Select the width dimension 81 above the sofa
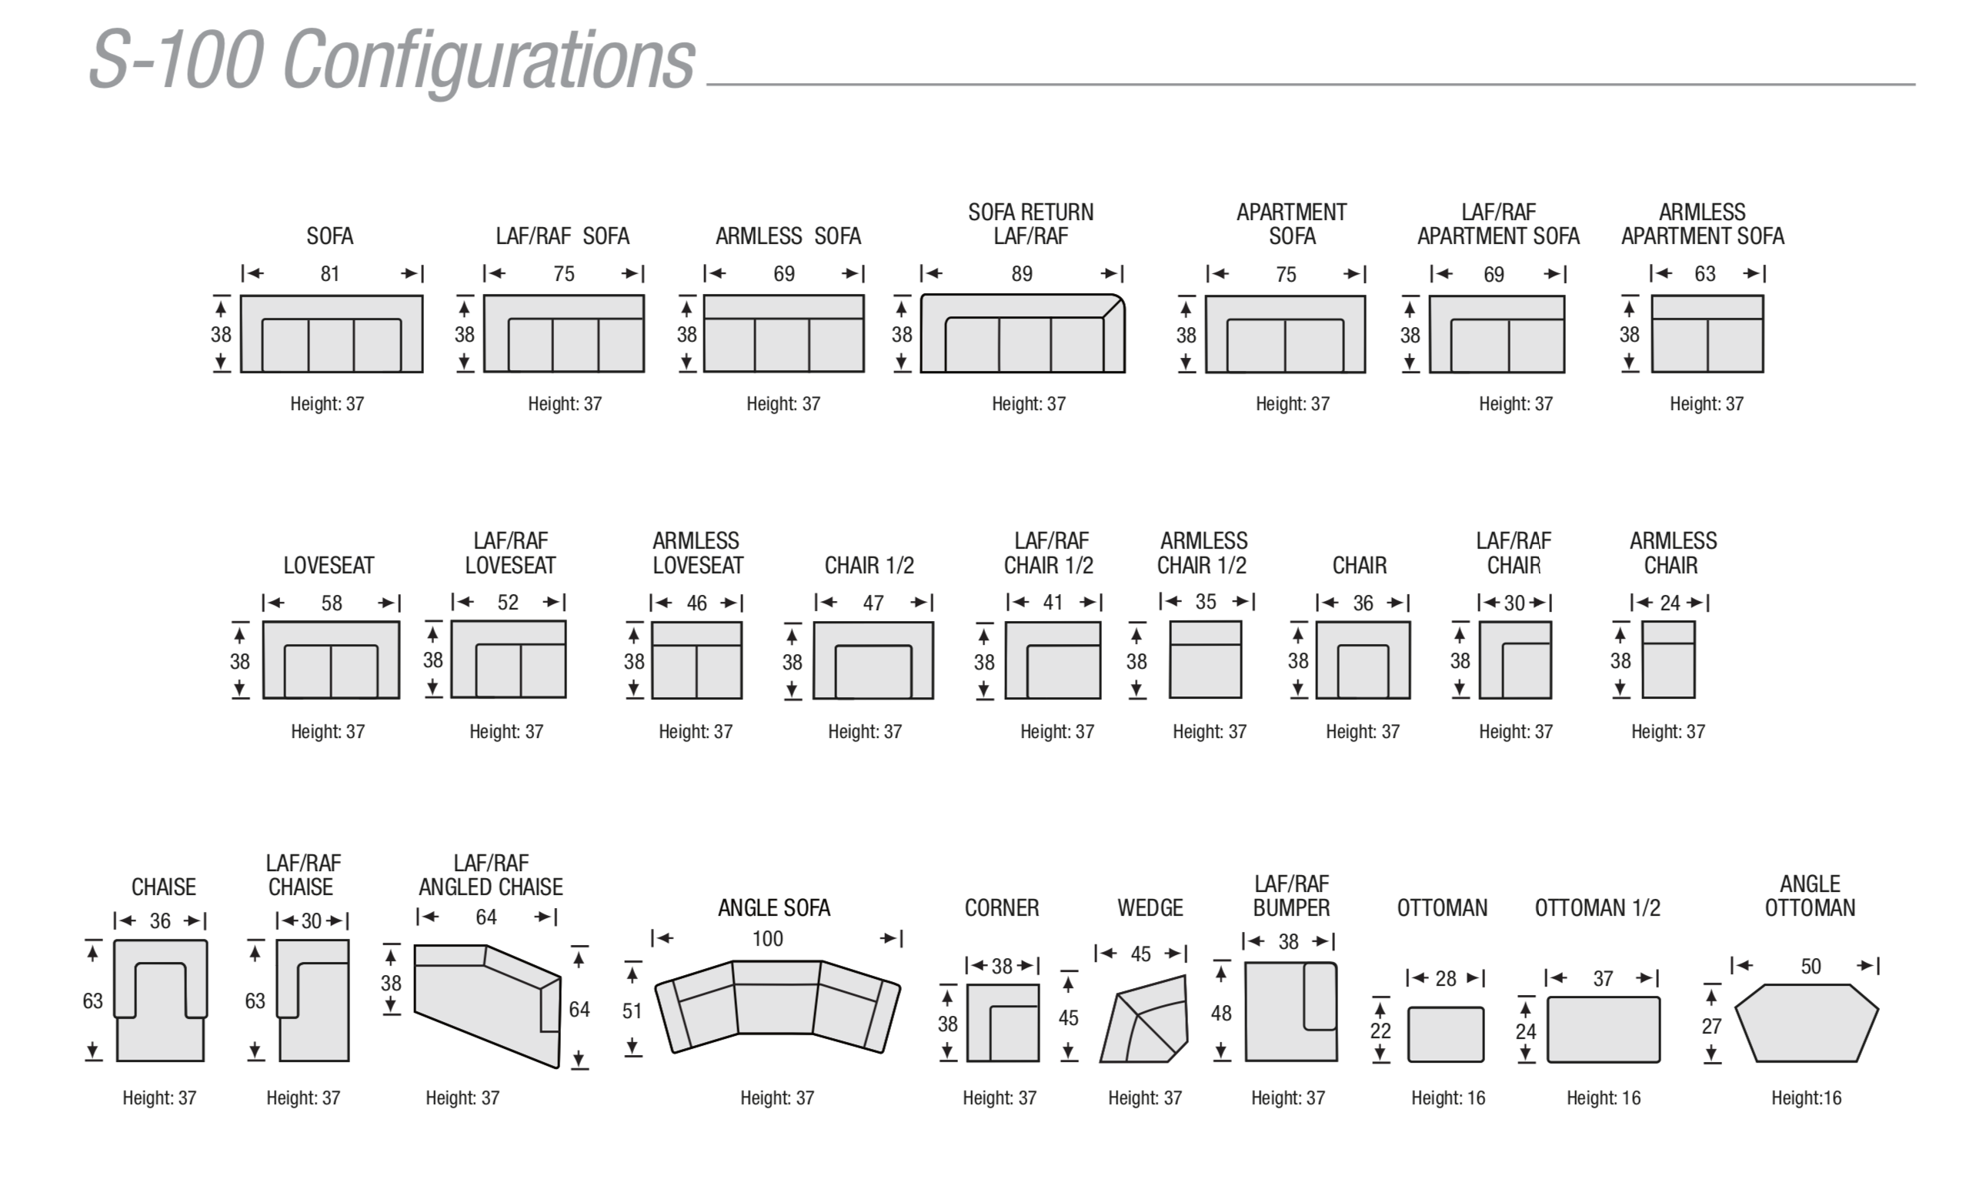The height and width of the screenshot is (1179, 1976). (x=330, y=274)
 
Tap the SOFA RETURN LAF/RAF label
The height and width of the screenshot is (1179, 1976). (x=1031, y=224)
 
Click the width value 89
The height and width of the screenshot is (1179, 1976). (x=1022, y=274)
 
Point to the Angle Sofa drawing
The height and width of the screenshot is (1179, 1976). (x=776, y=1007)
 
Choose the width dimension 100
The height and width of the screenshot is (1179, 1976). (x=768, y=939)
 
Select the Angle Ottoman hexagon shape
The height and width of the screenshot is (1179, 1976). (x=1806, y=1024)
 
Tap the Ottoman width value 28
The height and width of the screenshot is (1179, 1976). (x=1446, y=979)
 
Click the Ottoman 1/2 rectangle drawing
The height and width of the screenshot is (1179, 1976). (x=1603, y=1030)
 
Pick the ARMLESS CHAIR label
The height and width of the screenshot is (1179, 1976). (x=1673, y=553)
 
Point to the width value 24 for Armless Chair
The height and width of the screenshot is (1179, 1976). (x=1671, y=603)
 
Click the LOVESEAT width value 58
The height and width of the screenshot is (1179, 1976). (x=332, y=603)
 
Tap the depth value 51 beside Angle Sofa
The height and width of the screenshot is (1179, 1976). (x=633, y=1011)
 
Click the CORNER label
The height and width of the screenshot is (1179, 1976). (x=1002, y=908)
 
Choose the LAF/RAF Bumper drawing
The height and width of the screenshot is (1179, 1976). (x=1290, y=1011)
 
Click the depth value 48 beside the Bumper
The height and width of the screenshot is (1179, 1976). (x=1221, y=1014)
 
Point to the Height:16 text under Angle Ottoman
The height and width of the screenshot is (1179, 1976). (x=1806, y=1098)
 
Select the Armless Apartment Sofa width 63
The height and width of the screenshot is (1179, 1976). (x=1705, y=274)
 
